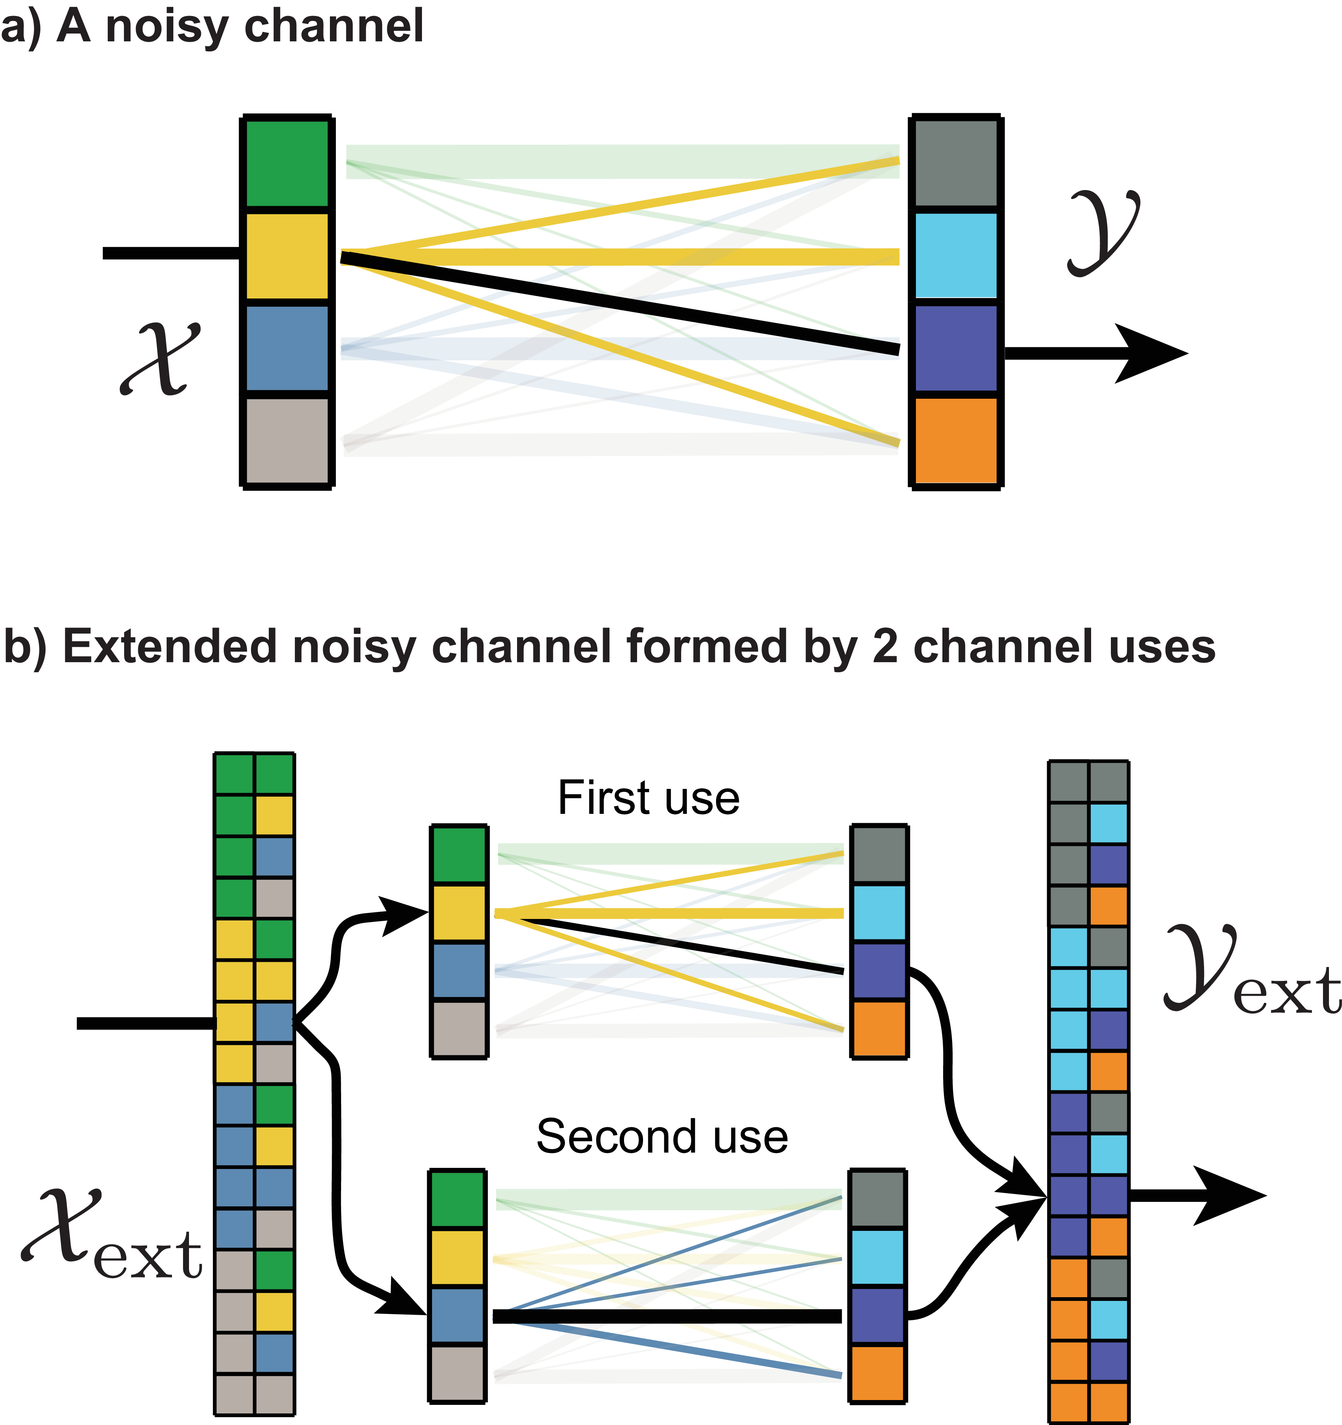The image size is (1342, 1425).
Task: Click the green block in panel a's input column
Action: point(287,164)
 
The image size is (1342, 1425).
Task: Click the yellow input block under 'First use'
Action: point(459,913)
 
